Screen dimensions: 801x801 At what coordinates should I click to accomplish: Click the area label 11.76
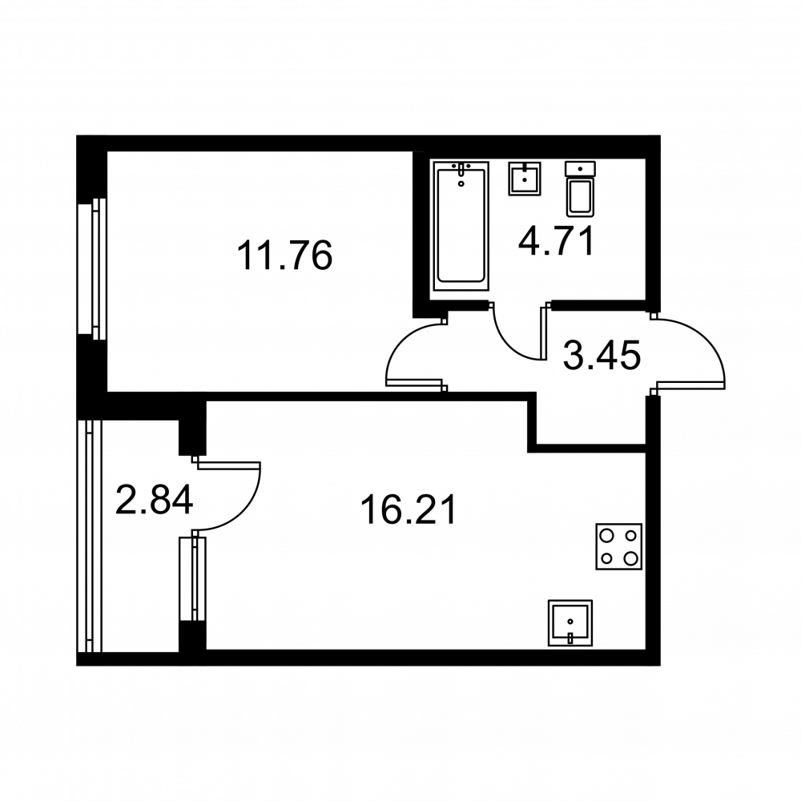pyautogui.click(x=284, y=256)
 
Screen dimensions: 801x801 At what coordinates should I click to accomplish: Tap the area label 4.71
pyautogui.click(x=557, y=241)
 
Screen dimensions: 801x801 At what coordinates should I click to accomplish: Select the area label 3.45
pyautogui.click(x=602, y=356)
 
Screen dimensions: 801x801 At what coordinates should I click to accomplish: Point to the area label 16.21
pyautogui.click(x=409, y=510)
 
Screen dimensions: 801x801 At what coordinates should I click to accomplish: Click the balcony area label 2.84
pyautogui.click(x=155, y=500)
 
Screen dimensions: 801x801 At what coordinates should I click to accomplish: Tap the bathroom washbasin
pyautogui.click(x=524, y=179)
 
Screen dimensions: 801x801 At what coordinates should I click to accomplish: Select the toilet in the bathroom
pyautogui.click(x=580, y=188)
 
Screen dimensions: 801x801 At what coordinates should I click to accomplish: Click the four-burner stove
pyautogui.click(x=618, y=546)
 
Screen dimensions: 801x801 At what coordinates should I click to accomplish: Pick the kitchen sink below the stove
pyautogui.click(x=570, y=622)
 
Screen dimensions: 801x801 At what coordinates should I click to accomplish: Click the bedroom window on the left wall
pyautogui.click(x=92, y=268)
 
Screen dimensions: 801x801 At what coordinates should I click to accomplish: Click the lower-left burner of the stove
pyautogui.click(x=607, y=557)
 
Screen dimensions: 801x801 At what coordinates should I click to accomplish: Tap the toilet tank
pyautogui.click(x=580, y=168)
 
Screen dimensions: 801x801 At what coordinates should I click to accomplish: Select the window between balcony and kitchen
pyautogui.click(x=193, y=579)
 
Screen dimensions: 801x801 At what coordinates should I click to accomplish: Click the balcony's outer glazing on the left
pyautogui.click(x=90, y=536)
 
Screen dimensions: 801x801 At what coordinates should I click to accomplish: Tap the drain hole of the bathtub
pyautogui.click(x=461, y=183)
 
